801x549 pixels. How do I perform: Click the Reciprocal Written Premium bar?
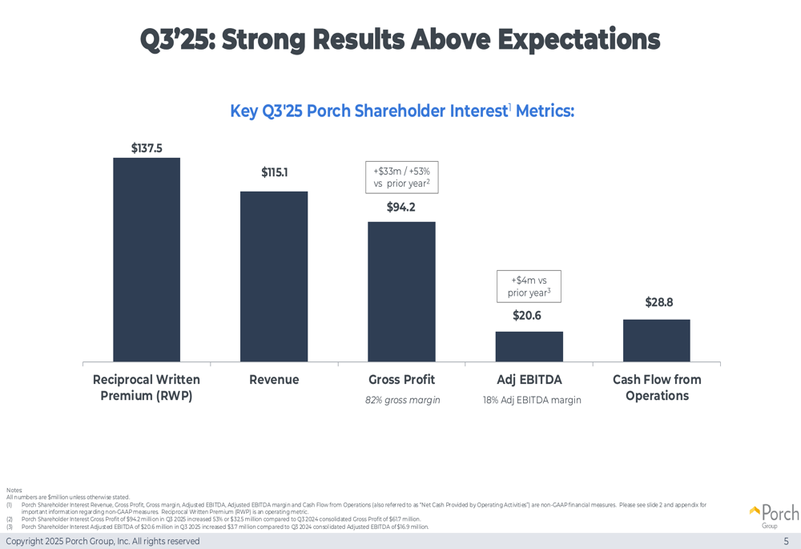coord(147,260)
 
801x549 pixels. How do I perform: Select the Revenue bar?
coord(274,277)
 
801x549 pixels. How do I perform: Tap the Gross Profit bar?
coord(401,292)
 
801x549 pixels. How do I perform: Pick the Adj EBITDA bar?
coord(529,346)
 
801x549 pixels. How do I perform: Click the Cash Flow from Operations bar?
coord(657,341)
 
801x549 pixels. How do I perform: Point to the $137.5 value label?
coord(147,148)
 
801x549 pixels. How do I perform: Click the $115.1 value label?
coord(274,172)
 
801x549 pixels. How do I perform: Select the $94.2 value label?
coord(401,208)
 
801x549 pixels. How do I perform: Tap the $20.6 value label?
coord(527,316)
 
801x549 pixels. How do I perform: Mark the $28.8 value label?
coord(658,302)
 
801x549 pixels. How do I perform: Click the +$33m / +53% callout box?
coord(401,177)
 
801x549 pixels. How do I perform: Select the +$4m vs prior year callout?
coord(529,286)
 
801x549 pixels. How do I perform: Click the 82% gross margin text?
coord(402,400)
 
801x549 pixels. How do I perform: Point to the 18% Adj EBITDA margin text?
coord(531,400)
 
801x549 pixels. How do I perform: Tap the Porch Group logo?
coord(774,515)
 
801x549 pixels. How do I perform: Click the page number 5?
coord(786,541)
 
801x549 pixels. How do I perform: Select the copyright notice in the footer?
coord(103,541)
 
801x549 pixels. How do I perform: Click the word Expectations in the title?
coord(579,38)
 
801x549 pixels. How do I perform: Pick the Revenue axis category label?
coord(274,380)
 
